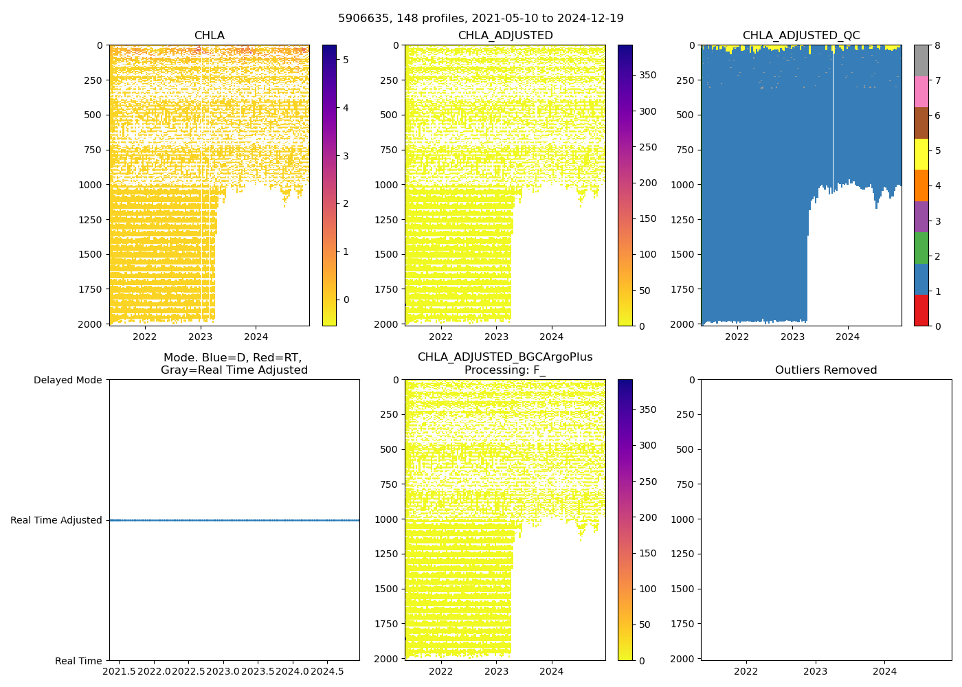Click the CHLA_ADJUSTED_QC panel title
pyautogui.click(x=801, y=36)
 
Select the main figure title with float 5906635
pyautogui.click(x=481, y=19)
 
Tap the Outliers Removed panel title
pyautogui.click(x=826, y=370)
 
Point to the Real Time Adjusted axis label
pyautogui.click(x=56, y=520)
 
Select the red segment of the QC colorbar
pyautogui.click(x=921, y=311)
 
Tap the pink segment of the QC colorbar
pyautogui.click(x=921, y=91)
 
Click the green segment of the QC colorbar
pyautogui.click(x=921, y=248)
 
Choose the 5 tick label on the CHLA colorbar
pyautogui.click(x=346, y=60)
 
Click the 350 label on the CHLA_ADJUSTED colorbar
pyautogui.click(x=648, y=75)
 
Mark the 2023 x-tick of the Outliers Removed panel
pyautogui.click(x=816, y=671)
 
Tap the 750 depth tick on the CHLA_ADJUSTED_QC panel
pyautogui.click(x=686, y=150)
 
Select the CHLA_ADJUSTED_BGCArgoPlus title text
pyautogui.click(x=505, y=357)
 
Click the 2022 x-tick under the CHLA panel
pyautogui.click(x=145, y=337)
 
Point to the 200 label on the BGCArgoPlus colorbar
pyautogui.click(x=648, y=517)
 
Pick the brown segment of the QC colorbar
pyautogui.click(x=921, y=123)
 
